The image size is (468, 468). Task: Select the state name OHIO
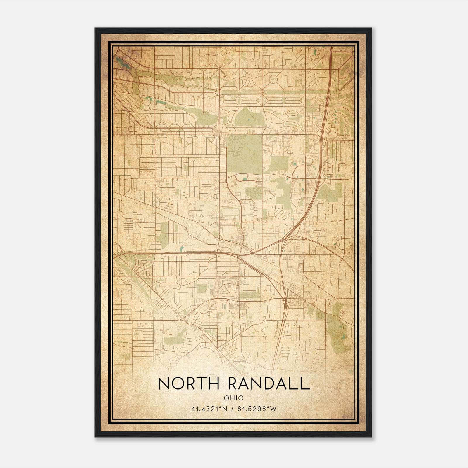(x=233, y=398)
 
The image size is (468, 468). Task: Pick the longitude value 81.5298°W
(x=257, y=409)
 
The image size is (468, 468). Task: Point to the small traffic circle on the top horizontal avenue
(x=219, y=68)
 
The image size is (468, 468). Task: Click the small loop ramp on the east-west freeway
(x=252, y=251)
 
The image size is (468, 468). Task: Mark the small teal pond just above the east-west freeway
(x=182, y=249)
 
